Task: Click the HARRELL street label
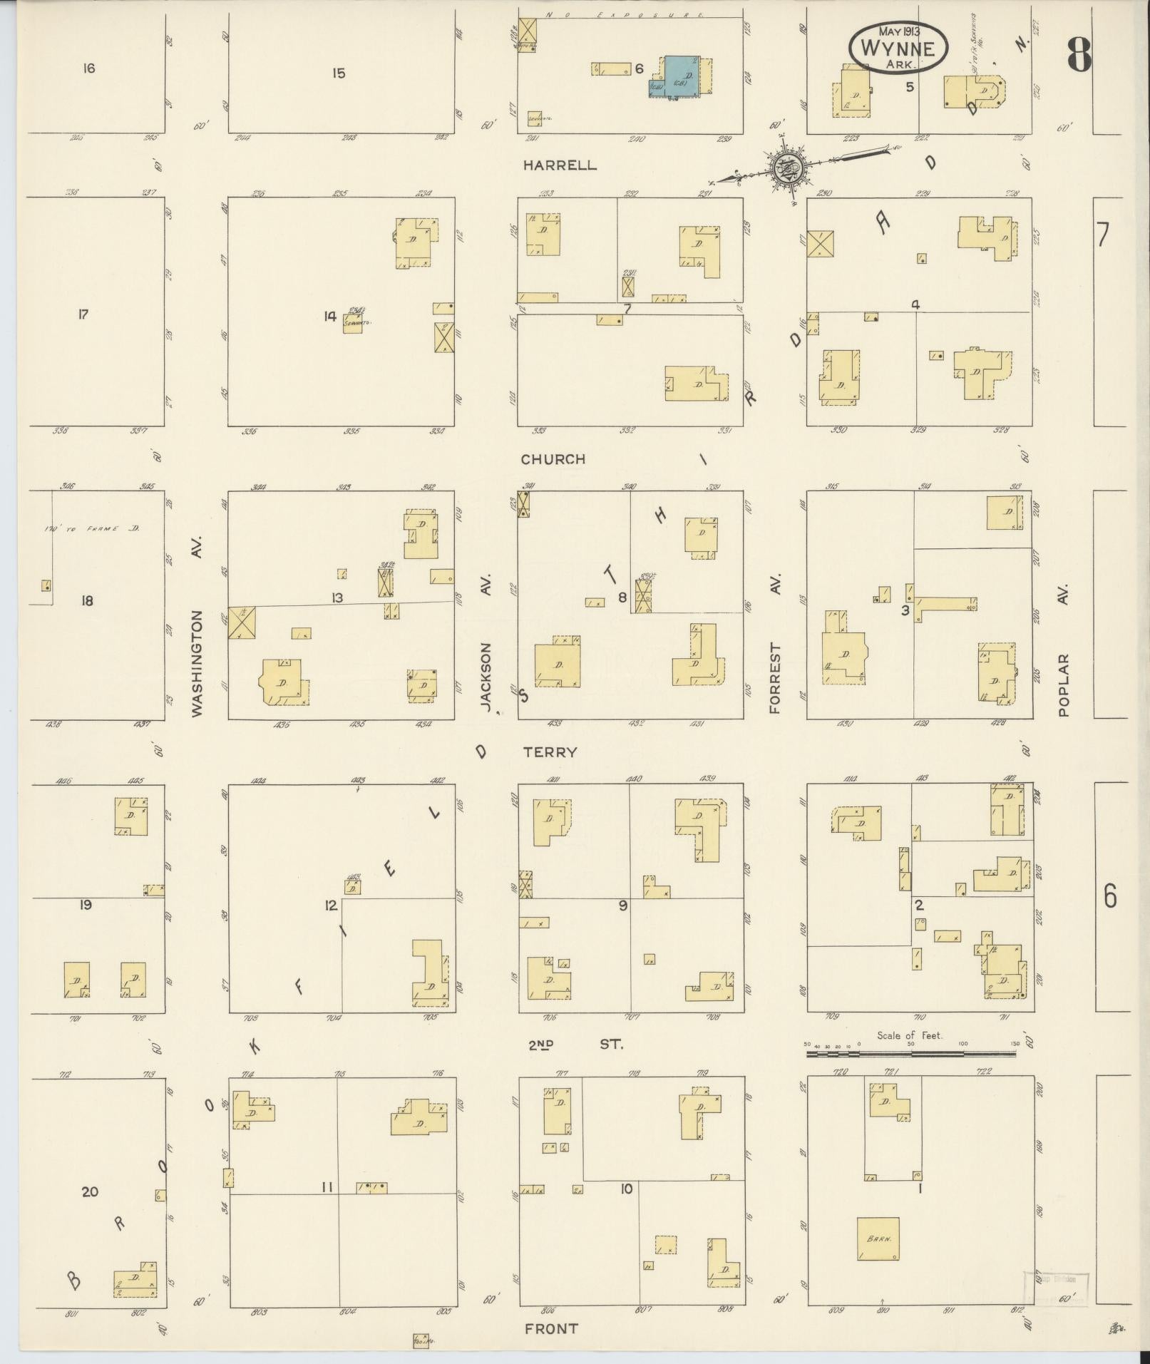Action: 560,165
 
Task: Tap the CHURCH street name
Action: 553,459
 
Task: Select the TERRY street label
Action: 550,752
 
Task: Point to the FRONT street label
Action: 551,1328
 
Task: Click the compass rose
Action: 792,168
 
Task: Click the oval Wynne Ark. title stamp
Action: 898,48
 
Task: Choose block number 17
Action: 83,314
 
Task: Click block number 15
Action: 339,73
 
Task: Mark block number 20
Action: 90,1191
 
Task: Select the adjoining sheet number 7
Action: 1103,234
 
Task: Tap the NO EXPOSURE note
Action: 625,15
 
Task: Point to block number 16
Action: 88,68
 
